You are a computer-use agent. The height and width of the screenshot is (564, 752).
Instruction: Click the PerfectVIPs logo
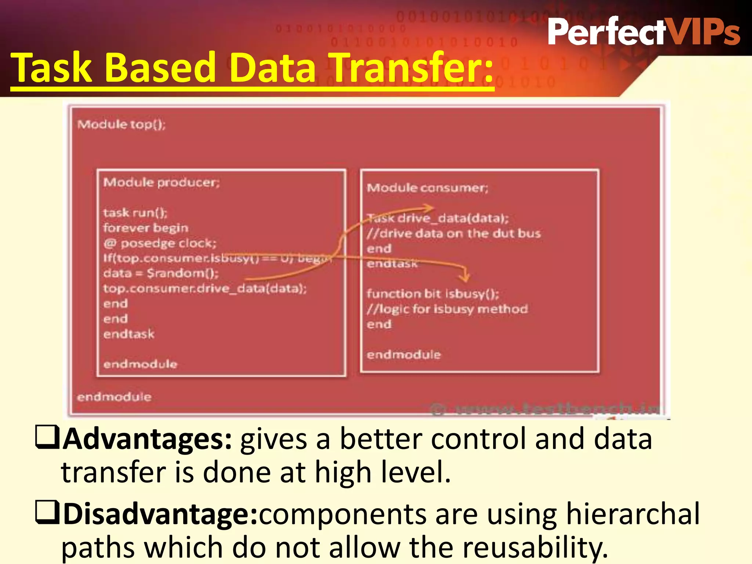tap(643, 32)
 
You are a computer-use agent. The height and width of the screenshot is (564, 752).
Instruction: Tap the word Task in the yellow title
tap(51, 68)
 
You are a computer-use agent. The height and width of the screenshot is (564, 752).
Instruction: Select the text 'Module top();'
tap(122, 124)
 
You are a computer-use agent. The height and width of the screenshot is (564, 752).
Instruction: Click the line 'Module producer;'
tap(161, 182)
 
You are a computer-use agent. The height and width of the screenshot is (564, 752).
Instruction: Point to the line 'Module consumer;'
tap(427, 188)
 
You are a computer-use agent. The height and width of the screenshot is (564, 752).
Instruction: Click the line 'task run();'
tap(135, 213)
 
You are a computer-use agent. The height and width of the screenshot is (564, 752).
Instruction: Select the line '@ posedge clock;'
tap(160, 243)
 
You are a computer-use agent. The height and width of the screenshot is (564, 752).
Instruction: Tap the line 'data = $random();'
tap(160, 273)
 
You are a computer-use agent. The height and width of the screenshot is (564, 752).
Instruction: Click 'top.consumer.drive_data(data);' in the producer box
tap(205, 289)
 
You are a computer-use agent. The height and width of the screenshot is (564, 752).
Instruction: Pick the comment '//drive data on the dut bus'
tap(453, 234)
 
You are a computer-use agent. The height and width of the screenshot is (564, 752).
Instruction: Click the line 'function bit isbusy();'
tap(433, 294)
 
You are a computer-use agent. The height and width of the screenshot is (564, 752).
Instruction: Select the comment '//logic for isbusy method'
tap(447, 309)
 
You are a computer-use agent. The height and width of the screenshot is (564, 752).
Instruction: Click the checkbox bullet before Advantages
tap(47, 437)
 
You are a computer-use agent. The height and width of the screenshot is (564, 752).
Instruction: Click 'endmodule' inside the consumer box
tap(403, 355)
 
